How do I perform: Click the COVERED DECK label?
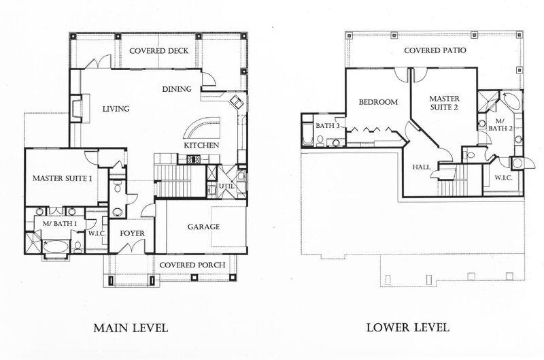(158, 51)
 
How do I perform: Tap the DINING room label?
(176, 89)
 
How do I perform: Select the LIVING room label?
(116, 109)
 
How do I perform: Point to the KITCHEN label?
(201, 146)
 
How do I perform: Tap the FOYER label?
(132, 233)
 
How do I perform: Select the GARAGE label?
(203, 227)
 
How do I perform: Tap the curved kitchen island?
(203, 128)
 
